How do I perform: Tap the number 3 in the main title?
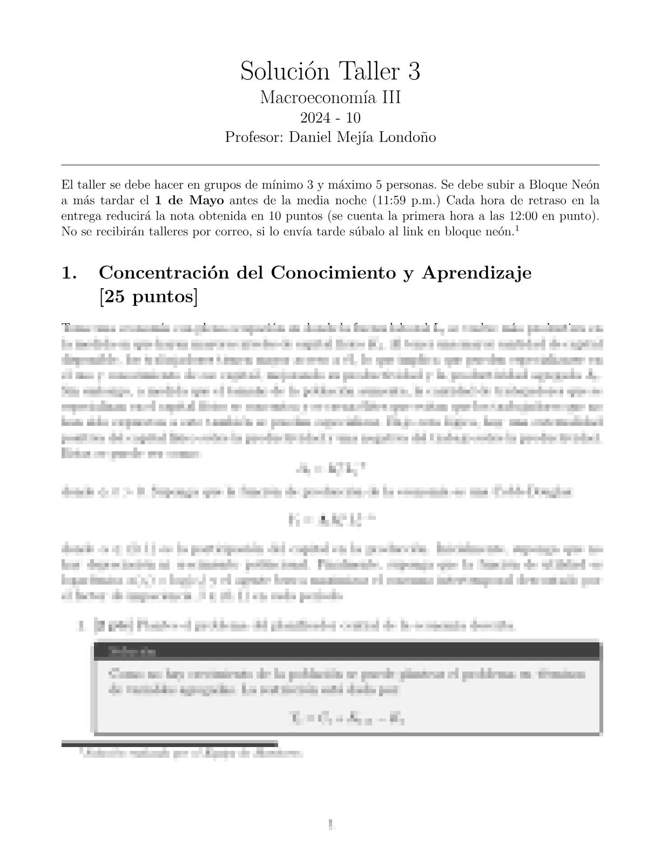414,71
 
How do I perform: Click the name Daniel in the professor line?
312,137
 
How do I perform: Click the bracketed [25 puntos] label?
148,297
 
